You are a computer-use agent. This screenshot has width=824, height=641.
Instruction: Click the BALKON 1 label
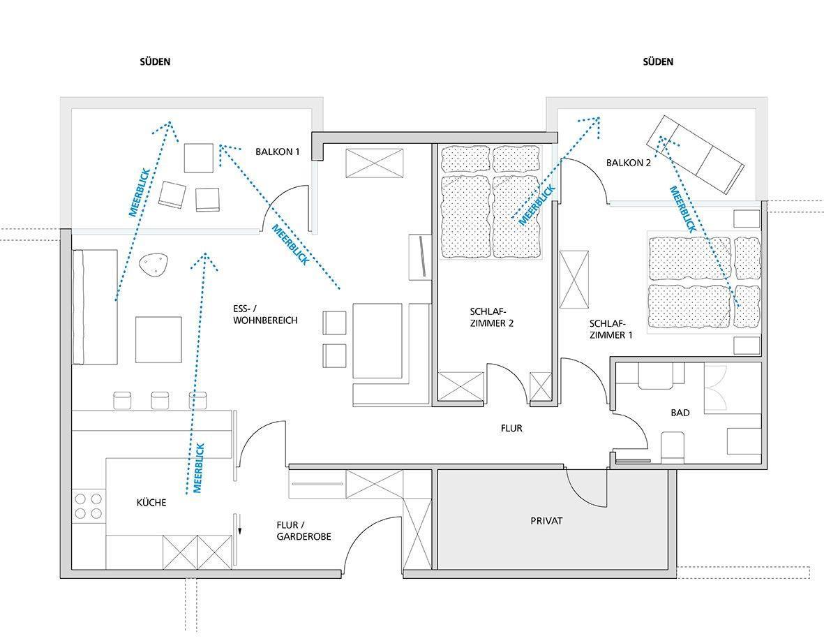(278, 152)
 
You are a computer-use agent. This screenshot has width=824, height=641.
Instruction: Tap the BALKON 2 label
(629, 163)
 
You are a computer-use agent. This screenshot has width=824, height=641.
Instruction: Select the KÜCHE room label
(151, 503)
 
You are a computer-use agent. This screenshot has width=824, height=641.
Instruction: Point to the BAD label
(680, 413)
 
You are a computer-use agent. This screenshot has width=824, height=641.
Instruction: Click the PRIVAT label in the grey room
(546, 521)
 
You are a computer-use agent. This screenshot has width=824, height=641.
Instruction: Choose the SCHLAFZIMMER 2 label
(491, 317)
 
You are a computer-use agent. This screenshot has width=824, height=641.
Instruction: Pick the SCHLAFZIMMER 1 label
(610, 329)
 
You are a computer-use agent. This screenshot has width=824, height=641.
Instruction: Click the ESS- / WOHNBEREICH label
(265, 314)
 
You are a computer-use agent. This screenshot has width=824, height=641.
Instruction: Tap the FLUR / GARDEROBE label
(304, 531)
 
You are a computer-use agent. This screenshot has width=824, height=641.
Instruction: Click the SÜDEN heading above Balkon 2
(658, 61)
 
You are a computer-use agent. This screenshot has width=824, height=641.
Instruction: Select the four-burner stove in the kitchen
(89, 506)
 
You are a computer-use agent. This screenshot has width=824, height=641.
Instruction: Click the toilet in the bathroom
(672, 448)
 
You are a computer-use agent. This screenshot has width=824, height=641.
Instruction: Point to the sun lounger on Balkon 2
(695, 154)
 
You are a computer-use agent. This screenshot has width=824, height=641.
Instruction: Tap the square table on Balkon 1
(199, 158)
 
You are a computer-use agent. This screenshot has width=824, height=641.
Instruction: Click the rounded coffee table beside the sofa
(153, 263)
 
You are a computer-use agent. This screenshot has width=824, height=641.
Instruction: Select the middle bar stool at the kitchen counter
(160, 400)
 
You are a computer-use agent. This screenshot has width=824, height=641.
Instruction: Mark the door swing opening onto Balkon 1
(286, 207)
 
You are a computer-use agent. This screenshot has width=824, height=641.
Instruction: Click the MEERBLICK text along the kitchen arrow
(199, 468)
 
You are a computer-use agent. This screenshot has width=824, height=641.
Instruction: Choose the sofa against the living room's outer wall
(95, 307)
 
